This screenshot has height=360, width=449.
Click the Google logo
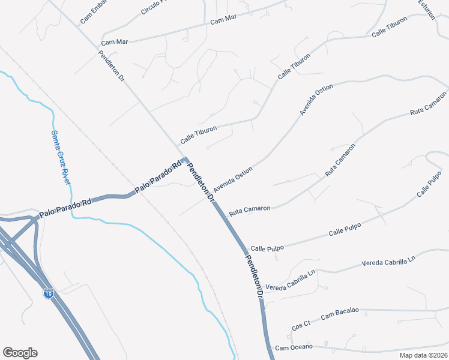click(x=20, y=353)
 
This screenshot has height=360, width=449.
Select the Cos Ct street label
click(x=301, y=325)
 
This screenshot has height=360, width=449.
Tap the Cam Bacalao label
click(x=340, y=313)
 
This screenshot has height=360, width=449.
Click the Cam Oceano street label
click(x=294, y=347)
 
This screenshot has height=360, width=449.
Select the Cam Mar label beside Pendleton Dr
click(x=115, y=42)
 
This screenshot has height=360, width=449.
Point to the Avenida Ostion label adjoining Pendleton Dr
click(x=233, y=176)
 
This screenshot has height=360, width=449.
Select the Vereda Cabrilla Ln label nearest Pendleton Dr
click(x=291, y=280)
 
